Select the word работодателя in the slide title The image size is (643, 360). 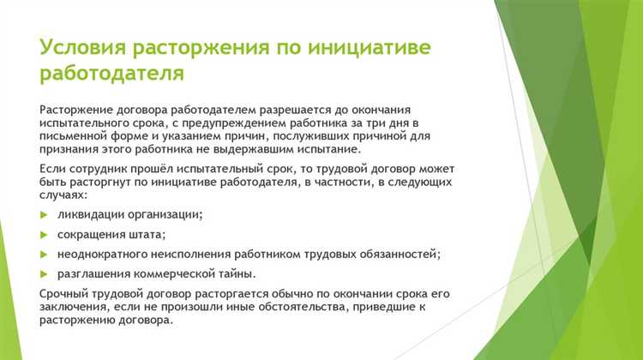pyautogui.click(x=111, y=74)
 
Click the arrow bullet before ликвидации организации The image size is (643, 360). pyautogui.click(x=45, y=213)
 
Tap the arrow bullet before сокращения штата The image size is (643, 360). pyautogui.click(x=45, y=233)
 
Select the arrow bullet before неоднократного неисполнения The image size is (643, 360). pyautogui.click(x=45, y=254)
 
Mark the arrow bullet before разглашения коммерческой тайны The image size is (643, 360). pyautogui.click(x=45, y=273)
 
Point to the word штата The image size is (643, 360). pyautogui.click(x=146, y=233)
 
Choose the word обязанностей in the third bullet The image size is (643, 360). pyautogui.click(x=397, y=254)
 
